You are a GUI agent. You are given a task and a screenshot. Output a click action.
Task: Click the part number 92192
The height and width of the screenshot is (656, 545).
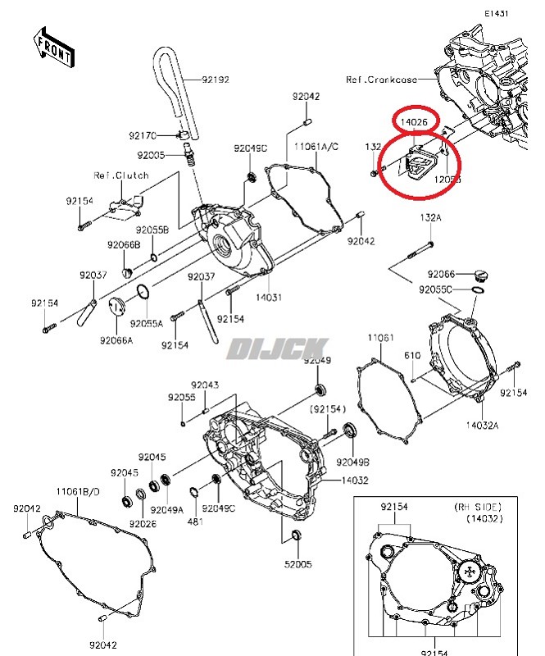point(216,80)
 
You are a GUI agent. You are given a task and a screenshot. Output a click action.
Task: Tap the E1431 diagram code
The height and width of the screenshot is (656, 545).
point(497,14)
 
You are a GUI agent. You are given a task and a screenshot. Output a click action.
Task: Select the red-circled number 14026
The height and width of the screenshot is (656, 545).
point(414,122)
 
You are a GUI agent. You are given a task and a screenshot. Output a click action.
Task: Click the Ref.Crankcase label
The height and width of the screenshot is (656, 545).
point(381,80)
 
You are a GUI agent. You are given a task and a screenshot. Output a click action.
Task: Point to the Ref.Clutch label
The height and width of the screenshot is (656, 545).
point(120,175)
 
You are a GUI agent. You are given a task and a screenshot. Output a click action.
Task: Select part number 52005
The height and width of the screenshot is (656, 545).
point(298,565)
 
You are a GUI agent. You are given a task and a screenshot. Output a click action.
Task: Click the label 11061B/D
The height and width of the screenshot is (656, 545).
point(78,491)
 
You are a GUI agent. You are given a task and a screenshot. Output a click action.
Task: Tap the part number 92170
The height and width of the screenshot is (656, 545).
point(143,135)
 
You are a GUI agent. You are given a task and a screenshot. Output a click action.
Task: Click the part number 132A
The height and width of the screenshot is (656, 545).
point(430,217)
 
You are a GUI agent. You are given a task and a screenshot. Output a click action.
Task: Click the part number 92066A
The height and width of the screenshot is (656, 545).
point(116,339)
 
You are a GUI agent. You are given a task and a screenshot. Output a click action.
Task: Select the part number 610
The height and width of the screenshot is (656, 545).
point(411,355)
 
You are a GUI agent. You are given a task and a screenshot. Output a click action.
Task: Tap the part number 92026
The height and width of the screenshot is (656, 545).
point(143,523)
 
